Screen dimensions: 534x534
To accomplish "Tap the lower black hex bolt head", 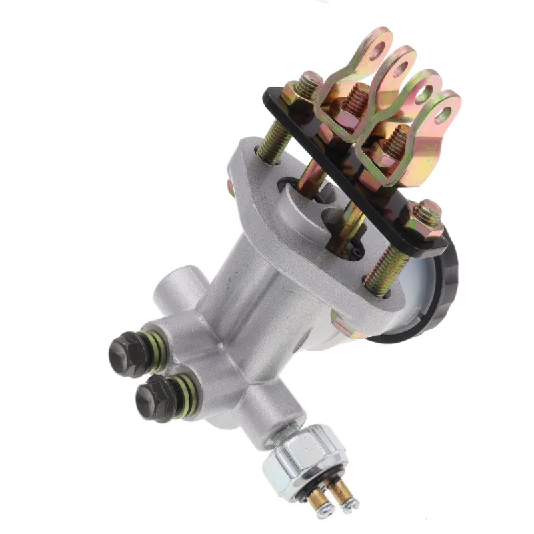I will pyautogui.click(x=153, y=397).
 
